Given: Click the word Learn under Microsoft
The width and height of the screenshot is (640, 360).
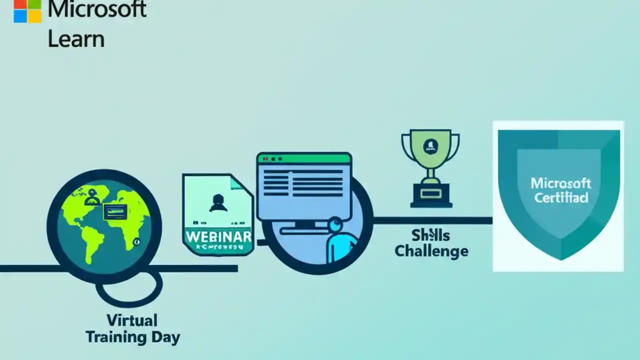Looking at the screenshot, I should coord(76,38).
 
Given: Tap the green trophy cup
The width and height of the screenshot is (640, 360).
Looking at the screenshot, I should coord(430,147).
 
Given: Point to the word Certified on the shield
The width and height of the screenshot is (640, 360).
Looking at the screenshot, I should coord(561,197).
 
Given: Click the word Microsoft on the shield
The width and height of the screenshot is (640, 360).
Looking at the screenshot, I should coord(561,183).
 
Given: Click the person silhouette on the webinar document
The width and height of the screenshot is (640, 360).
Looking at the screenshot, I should coord(217,202).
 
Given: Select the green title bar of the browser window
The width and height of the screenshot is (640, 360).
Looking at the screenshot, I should coord(304,158).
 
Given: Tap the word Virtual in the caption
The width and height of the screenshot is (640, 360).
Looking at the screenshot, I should coord(132,320).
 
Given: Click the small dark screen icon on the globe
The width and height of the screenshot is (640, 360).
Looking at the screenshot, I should coord(114,212).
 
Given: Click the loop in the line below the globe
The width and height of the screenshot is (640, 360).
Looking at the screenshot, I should coord(129,288).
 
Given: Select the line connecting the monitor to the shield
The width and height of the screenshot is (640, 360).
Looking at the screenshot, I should coord(432,220).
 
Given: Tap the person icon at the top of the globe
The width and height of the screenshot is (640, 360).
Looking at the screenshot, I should coord(92,196).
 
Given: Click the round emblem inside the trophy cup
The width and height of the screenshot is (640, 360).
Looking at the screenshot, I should coord(429,145).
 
